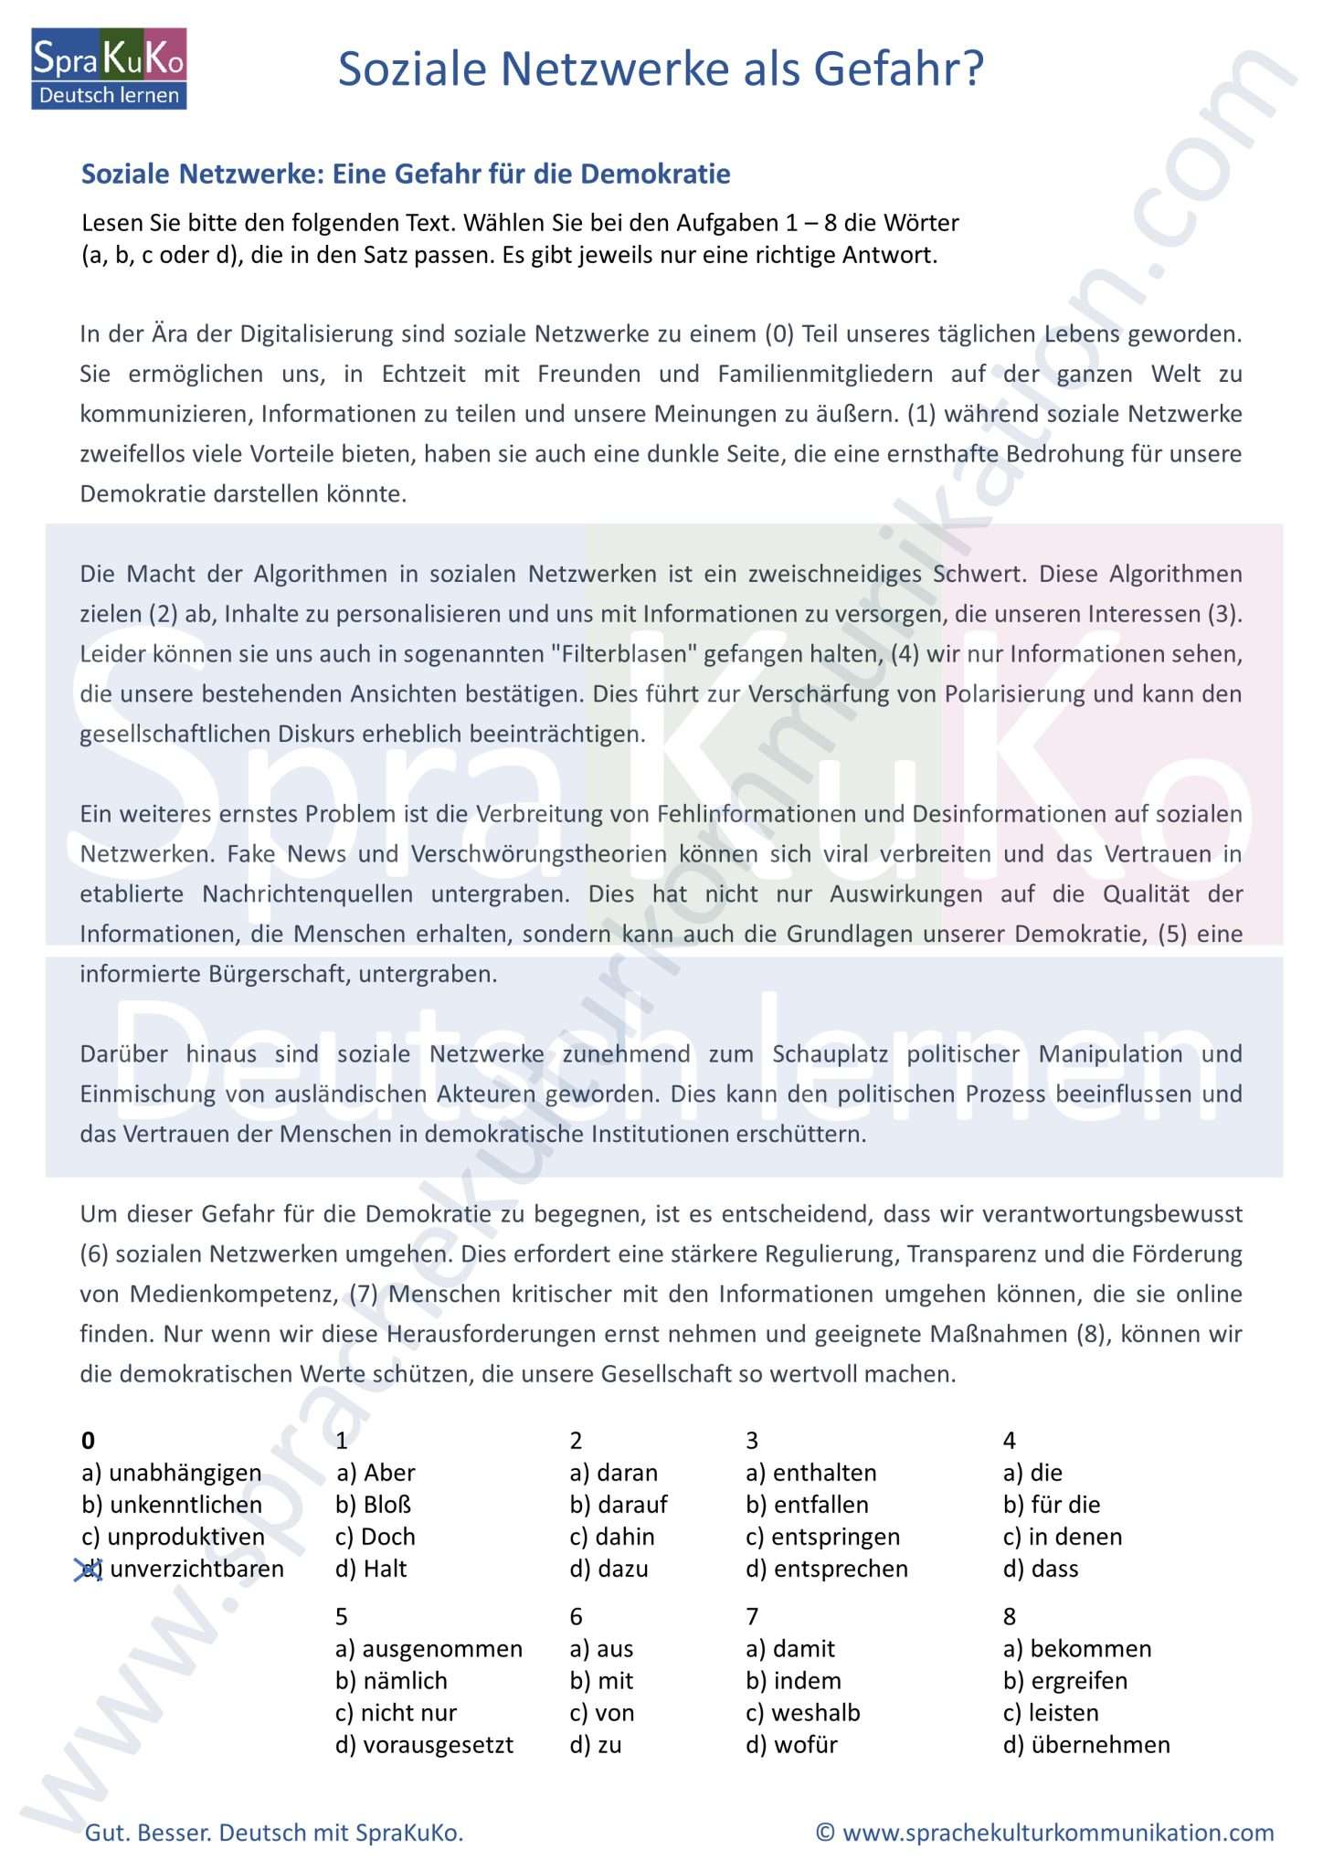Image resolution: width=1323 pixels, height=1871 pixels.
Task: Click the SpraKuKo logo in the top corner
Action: tap(109, 69)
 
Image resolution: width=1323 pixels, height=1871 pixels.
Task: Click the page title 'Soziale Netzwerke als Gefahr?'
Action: tap(661, 69)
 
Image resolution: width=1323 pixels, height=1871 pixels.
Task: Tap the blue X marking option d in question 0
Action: tap(89, 1570)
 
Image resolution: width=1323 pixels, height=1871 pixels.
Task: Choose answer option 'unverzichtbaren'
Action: tap(196, 1570)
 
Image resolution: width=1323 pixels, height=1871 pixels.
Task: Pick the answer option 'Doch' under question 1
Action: tap(388, 1537)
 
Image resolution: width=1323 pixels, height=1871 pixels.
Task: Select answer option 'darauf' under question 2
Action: tap(631, 1505)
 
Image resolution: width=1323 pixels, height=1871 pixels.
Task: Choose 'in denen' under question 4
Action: tap(1075, 1537)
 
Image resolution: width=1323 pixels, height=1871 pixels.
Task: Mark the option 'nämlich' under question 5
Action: tap(405, 1681)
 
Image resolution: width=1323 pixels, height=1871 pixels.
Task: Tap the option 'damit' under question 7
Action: tap(804, 1649)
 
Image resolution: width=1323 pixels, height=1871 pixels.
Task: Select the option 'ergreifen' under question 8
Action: tap(1078, 1681)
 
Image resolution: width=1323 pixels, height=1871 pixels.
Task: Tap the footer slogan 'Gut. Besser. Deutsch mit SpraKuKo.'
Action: tap(274, 1833)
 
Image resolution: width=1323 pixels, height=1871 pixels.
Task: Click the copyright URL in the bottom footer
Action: tap(1057, 1833)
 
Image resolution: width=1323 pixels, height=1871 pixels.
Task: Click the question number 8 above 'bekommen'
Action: tap(1010, 1617)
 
